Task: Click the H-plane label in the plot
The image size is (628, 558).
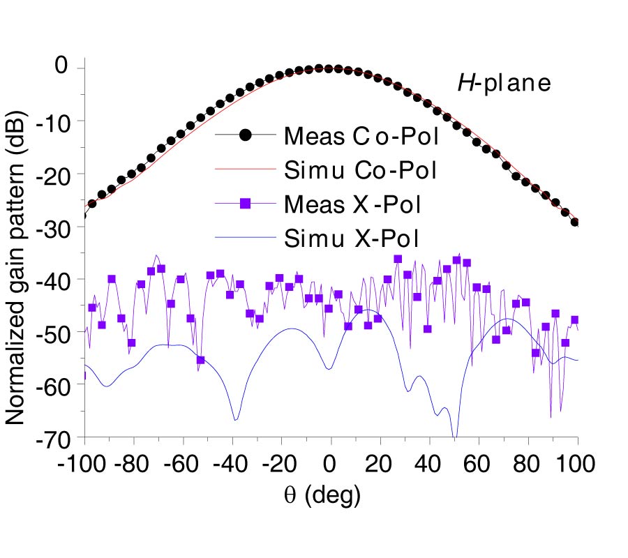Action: tap(504, 84)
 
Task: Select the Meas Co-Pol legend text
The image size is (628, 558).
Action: tap(361, 136)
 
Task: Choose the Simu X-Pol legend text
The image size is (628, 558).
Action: tap(352, 239)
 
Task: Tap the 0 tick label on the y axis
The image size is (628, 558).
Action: tap(63, 68)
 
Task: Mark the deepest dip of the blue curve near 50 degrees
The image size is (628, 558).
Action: tap(455, 437)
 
